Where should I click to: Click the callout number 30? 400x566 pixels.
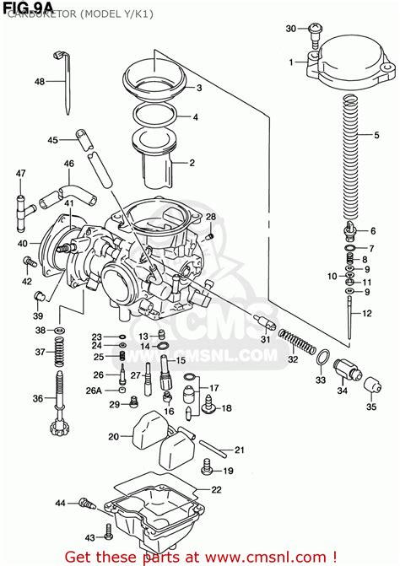(x=290, y=29)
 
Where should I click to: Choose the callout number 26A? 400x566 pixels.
(x=95, y=391)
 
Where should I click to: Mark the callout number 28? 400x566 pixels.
(x=210, y=218)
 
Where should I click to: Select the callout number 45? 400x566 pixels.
(x=52, y=140)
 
